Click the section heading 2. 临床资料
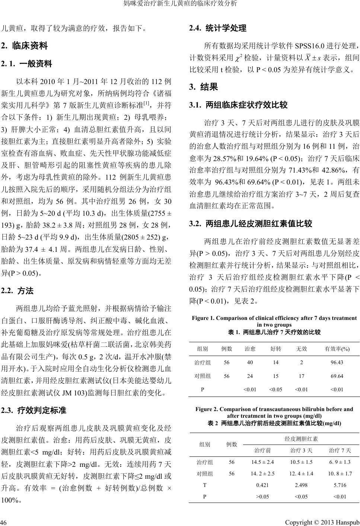(x=25, y=46)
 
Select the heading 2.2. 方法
(x=17, y=291)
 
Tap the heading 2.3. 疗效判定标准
(x=34, y=411)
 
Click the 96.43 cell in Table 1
(x=337, y=362)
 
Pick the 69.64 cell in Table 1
(x=337, y=376)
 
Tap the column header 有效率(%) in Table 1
(x=337, y=349)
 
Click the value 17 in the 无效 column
(x=301, y=376)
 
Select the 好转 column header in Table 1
(x=275, y=349)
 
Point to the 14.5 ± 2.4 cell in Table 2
(x=262, y=462)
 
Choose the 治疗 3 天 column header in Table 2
(x=301, y=450)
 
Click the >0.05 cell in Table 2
(x=262, y=496)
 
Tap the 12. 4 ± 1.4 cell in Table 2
(x=301, y=474)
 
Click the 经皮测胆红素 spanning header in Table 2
(x=301, y=439)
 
